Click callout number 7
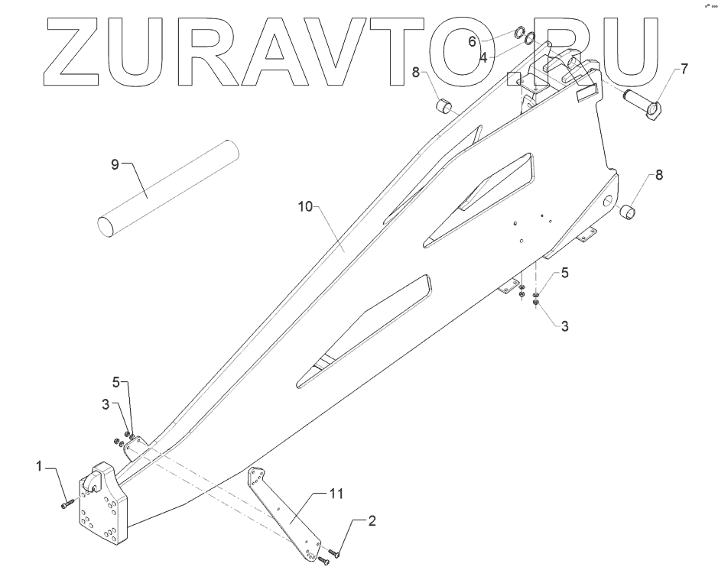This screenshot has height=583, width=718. tap(684, 69)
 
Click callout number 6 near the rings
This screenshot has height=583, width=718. tap(473, 40)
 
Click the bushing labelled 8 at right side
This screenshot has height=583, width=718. tap(629, 210)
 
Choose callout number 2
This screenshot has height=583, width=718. tap(372, 522)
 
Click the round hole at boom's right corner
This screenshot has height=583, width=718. tap(608, 200)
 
